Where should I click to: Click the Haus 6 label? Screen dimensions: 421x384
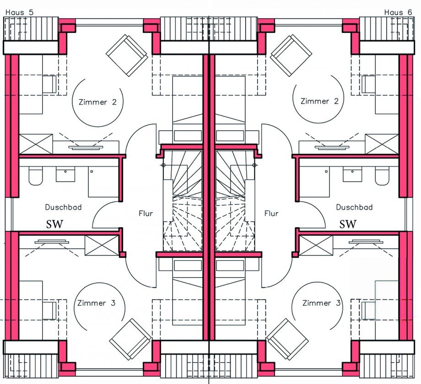point(398,12)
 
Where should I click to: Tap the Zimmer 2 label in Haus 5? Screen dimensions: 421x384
point(98,102)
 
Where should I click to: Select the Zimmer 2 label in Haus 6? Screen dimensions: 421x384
point(319,101)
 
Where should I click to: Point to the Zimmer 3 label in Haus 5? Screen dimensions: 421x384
point(97,303)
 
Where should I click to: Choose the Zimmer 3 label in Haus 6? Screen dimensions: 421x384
point(321,303)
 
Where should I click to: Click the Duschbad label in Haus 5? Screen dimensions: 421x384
point(63,207)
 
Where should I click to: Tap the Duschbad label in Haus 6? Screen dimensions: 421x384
point(354,207)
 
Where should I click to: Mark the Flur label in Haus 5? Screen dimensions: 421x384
point(146,214)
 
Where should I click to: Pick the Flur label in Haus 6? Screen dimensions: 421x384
point(271,214)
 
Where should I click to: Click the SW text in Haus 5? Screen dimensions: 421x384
point(55,224)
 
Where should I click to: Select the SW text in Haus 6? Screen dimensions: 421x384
point(348,224)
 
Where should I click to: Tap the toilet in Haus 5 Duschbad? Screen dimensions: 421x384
point(35,176)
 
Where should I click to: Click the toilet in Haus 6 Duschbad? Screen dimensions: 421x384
point(382,176)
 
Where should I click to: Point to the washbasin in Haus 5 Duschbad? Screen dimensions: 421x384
point(65,174)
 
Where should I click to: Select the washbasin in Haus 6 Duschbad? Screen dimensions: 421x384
point(352,174)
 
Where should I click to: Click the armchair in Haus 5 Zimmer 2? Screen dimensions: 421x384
point(127,55)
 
